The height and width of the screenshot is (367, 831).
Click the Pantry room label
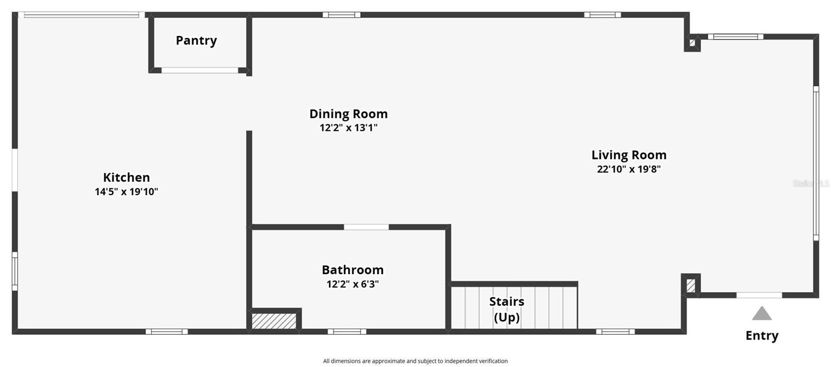coord(196,40)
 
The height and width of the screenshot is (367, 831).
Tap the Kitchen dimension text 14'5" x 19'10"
coord(126,192)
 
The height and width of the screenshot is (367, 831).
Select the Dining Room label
coord(349,114)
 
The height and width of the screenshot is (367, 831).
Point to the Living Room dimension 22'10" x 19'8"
coord(628,169)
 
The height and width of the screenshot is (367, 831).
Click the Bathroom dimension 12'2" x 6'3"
coord(353,284)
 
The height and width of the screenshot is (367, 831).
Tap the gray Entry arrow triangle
coord(761,314)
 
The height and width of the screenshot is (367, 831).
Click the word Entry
coord(761,335)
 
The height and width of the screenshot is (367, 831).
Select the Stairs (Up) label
coord(506,309)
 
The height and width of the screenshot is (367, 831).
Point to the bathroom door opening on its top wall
coord(366,227)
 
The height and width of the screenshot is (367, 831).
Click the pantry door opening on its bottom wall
coord(200,70)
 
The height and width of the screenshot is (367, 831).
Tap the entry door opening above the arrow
coord(759,295)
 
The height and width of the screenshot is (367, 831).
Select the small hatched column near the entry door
coord(691,286)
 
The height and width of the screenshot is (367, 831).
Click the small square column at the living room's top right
coord(692,43)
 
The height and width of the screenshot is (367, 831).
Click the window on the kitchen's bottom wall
coord(166,331)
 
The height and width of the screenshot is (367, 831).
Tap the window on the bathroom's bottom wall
coord(347,331)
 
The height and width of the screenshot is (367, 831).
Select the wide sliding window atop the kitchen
coord(82,15)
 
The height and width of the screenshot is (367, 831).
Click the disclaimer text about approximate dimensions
coord(415,361)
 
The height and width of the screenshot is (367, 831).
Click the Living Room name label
coord(628,155)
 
